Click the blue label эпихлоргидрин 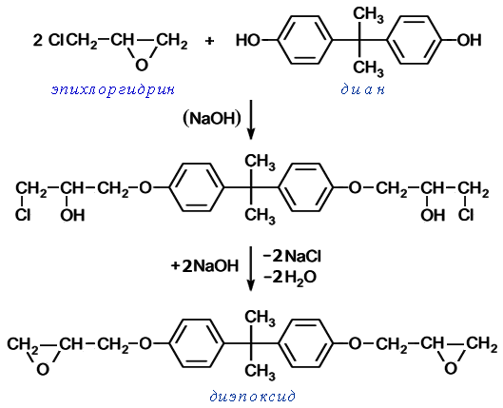[113, 89]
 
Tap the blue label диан [362, 89]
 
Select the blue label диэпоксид [252, 397]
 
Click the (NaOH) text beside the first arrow [212, 118]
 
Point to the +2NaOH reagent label [205, 266]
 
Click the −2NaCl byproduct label [292, 256]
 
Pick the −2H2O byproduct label [290, 277]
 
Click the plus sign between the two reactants [209, 41]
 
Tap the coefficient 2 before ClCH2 [37, 40]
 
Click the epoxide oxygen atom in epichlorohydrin [142, 65]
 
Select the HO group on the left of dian [247, 40]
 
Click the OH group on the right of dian [469, 40]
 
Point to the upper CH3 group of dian [368, 15]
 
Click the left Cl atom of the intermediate [23, 215]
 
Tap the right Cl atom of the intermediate [466, 215]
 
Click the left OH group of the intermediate [72, 215]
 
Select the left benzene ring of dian [305, 40]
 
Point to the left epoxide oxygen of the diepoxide [43, 369]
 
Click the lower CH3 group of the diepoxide [260, 372]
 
